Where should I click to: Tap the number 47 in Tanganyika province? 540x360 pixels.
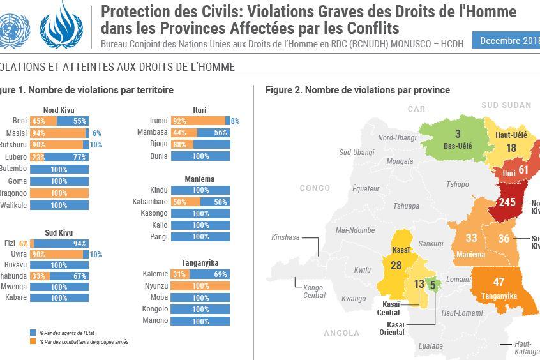(499, 282)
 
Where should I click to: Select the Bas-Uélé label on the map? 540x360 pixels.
(458, 146)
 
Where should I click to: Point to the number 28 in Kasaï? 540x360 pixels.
(396, 266)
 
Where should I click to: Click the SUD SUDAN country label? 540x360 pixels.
(506, 105)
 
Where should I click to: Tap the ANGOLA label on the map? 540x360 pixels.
(342, 333)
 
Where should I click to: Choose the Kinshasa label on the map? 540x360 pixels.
(285, 237)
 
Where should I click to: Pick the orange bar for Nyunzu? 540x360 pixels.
(200, 286)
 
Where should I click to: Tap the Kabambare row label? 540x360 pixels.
(150, 202)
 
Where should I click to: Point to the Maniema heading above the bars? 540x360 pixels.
(200, 179)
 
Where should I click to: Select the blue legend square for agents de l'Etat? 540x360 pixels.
(33, 333)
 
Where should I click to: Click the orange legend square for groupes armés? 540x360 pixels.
(33, 341)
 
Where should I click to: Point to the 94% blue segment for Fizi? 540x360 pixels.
(62, 243)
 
